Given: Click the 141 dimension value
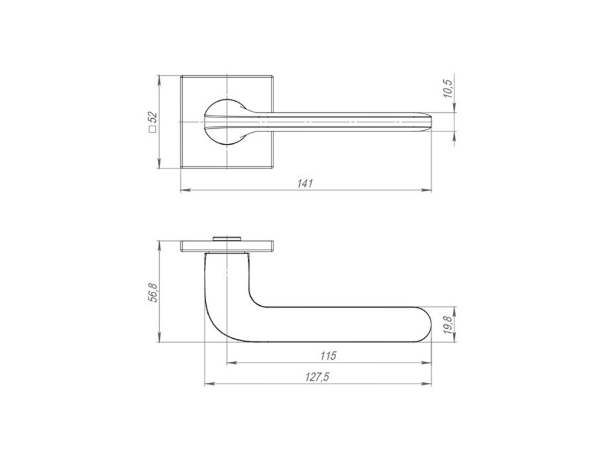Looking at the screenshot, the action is coord(305,184).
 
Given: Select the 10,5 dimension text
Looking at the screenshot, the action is coord(448,88).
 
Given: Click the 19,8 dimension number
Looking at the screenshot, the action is coord(448,325).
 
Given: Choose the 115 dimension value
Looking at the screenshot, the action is coord(328,356).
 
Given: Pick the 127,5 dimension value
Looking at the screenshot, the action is coord(317,377).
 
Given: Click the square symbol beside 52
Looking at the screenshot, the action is coord(153,129).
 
